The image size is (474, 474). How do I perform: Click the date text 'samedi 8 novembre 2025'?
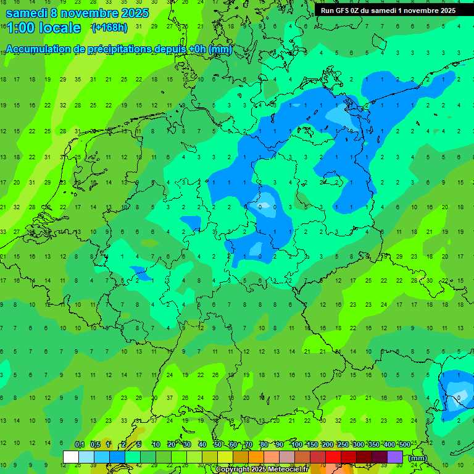77,13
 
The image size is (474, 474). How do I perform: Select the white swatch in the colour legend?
71,457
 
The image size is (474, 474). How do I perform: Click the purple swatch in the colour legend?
395,457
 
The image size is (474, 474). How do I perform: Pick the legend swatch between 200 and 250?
333,457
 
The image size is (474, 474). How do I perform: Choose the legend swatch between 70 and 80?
256,457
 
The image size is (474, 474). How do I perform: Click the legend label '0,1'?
80,445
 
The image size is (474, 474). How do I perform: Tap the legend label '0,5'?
95,445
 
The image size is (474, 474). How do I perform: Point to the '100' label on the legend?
296,445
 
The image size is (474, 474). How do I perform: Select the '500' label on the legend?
404,445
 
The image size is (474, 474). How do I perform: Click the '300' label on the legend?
358,445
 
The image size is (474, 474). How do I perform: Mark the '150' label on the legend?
312,445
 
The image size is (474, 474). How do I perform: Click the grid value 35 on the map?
78,80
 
